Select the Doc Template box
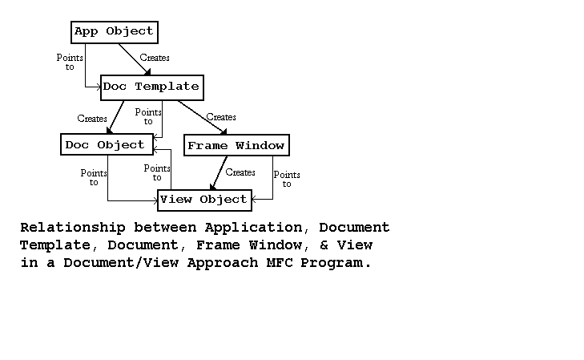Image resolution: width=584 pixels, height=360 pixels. point(151,87)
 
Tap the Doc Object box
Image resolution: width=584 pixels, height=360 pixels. point(105,145)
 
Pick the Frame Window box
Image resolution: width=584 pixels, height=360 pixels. point(236,146)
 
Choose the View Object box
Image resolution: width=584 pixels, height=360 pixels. point(203,200)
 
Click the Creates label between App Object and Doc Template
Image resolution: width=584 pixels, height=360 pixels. point(155,58)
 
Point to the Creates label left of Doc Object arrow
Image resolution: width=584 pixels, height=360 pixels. point(92,119)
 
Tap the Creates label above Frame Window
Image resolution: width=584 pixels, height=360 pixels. point(221,117)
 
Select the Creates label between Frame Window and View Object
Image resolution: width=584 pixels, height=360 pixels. point(240,172)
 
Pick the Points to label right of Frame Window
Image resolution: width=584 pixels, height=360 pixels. point(287,180)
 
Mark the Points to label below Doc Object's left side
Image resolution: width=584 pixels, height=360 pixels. point(95,178)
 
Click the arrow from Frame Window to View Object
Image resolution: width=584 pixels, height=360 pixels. point(218,172)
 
